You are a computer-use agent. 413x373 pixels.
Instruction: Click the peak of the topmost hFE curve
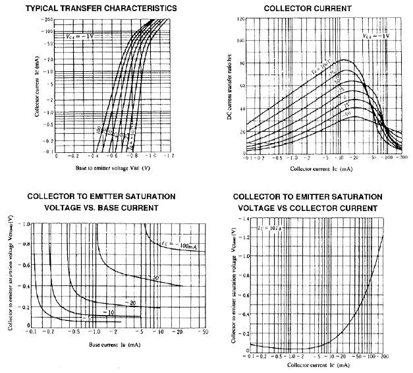tap(343, 61)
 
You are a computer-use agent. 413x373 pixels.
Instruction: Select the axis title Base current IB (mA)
tap(115, 343)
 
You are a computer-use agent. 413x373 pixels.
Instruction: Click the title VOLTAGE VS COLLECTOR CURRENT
tap(308, 208)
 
